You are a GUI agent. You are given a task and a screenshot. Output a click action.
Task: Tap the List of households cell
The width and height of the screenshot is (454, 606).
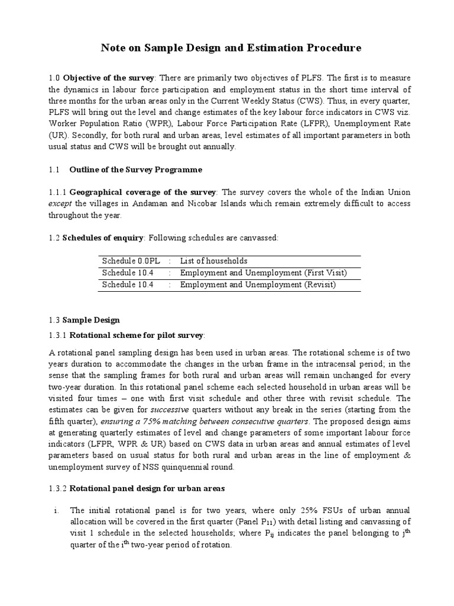pyautogui.click(x=213, y=261)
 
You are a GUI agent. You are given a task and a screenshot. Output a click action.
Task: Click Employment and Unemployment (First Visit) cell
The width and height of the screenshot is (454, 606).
pyautogui.click(x=263, y=273)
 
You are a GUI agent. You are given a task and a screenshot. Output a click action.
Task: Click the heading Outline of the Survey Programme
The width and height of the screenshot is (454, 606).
pyautogui.click(x=135, y=170)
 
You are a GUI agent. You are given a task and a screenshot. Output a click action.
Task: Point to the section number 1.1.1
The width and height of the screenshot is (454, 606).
pyautogui.click(x=57, y=193)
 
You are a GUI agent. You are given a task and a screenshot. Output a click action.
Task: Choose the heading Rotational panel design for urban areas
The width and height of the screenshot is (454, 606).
pyautogui.click(x=147, y=489)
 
